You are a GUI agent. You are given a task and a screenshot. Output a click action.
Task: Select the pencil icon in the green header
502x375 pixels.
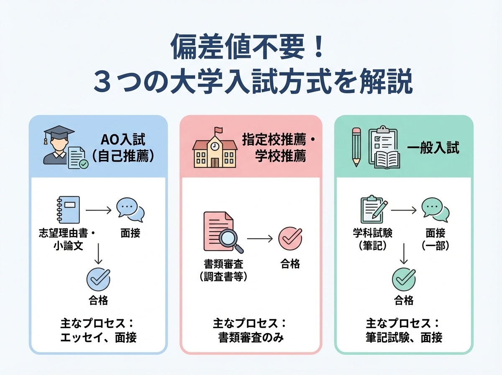pyautogui.click(x=356, y=147)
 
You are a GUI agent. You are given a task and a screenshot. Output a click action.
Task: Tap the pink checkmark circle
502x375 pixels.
pyautogui.click(x=289, y=238)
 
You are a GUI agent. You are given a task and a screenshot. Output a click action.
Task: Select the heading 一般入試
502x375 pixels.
pyautogui.click(x=433, y=148)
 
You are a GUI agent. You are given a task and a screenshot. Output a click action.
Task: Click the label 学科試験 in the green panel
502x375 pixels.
pyautogui.click(x=373, y=234)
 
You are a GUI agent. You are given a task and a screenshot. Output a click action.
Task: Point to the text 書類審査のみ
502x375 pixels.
pyautogui.click(x=251, y=337)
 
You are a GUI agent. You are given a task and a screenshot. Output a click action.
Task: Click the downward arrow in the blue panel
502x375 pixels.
pyautogui.click(x=98, y=253)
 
